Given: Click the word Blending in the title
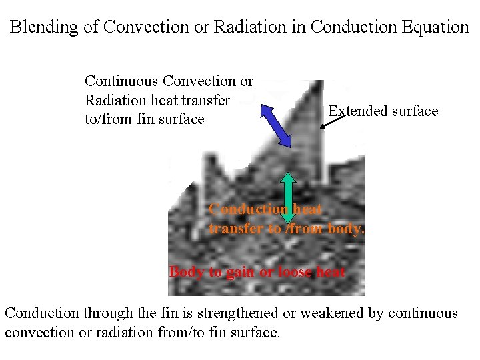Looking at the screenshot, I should point(41,27).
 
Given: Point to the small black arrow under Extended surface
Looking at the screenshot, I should point(332,121).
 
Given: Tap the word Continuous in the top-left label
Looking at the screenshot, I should point(121,81).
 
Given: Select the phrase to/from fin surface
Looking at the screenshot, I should point(145,119).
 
